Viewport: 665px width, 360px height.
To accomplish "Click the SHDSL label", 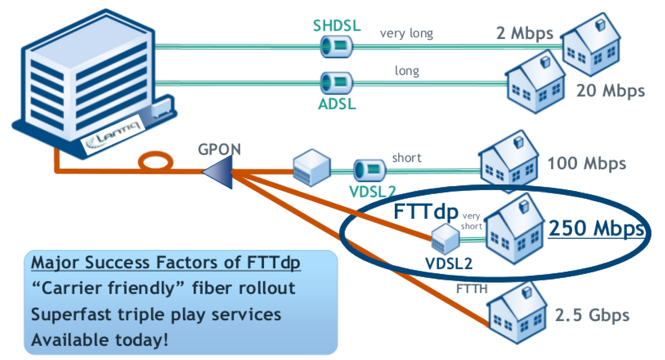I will tap(337, 26).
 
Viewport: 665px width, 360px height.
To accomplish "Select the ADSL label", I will tap(337, 104).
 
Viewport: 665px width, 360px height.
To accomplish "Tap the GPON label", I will tap(219, 149).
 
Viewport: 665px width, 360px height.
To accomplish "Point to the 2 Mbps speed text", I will tap(524, 33).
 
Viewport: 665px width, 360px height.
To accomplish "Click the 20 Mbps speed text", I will tap(610, 91).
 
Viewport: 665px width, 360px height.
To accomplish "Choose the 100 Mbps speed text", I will tap(586, 164).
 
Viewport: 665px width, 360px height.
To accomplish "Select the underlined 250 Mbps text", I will tap(596, 228).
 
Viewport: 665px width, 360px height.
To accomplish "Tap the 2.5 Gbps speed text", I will tap(592, 315).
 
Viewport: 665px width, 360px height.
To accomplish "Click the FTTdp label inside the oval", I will tap(425, 211).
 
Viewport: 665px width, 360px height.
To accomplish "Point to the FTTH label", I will tap(471, 289).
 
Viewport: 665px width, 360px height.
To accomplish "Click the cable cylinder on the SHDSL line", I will tap(337, 46).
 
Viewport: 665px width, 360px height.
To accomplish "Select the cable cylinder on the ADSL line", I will tap(337, 83).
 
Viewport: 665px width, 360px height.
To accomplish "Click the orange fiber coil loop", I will tap(155, 162).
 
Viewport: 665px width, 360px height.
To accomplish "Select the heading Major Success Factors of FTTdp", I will tap(166, 262).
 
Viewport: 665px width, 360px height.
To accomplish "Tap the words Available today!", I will tap(100, 340).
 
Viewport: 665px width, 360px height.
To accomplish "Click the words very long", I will tap(406, 33).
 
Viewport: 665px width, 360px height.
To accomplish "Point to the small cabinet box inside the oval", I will tap(445, 238).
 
